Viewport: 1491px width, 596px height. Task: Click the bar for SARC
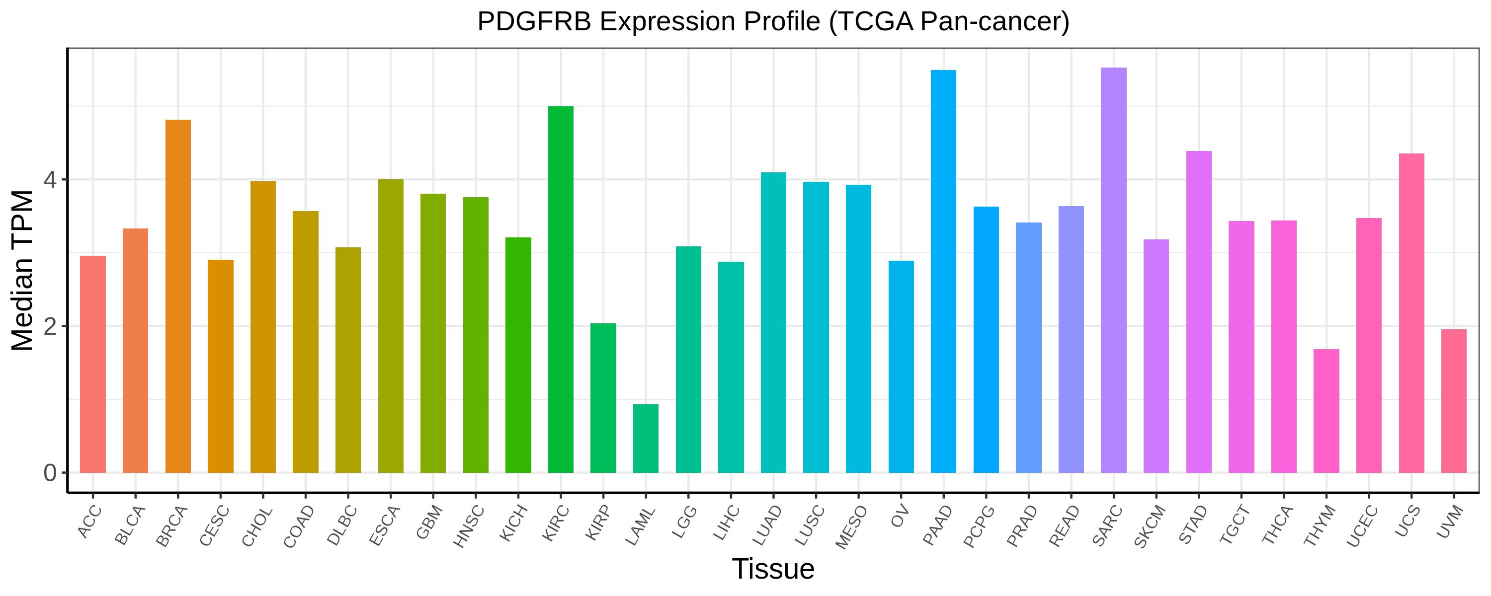coord(1114,270)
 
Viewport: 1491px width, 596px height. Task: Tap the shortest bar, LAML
coord(646,438)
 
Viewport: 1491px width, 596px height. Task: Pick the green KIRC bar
coord(561,290)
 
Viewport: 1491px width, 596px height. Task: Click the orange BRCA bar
coord(178,297)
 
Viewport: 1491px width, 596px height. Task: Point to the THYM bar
coord(1326,411)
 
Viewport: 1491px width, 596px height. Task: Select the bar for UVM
coord(1453,401)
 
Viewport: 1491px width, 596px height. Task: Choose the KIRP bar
coord(603,398)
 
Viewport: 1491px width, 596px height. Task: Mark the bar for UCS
coord(1411,313)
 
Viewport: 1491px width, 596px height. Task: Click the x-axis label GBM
coord(430,522)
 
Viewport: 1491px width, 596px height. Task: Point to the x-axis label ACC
coord(90,522)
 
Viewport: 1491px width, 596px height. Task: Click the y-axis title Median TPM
coord(23,270)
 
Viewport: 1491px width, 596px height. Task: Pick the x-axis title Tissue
coord(773,569)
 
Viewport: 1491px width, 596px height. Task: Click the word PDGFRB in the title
coord(535,22)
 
